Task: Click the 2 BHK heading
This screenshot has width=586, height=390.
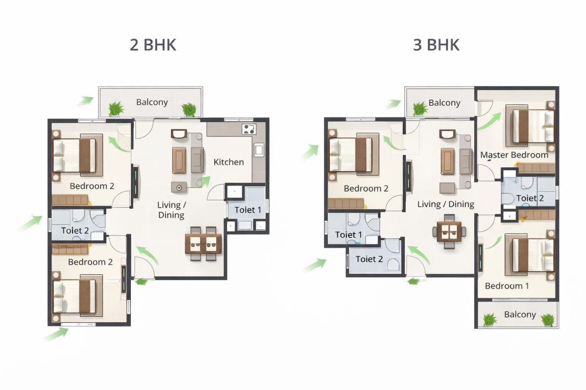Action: coord(153,45)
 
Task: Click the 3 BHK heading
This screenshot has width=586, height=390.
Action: coord(436,45)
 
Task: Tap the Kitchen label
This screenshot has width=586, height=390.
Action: coord(229,162)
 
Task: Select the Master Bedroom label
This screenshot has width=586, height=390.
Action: coord(514,155)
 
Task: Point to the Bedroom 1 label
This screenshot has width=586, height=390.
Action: coord(506,286)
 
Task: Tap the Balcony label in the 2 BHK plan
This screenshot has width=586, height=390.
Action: coord(152,102)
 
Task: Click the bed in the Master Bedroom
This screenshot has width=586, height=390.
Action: coord(532,125)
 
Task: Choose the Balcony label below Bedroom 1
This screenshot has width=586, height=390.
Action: coord(520,314)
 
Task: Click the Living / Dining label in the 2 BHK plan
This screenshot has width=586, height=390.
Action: coord(171,210)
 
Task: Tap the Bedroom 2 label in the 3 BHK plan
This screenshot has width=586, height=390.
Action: coord(366,189)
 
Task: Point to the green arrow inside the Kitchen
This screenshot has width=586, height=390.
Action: coord(206,181)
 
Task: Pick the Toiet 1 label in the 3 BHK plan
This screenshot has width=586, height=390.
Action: coord(349,235)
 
